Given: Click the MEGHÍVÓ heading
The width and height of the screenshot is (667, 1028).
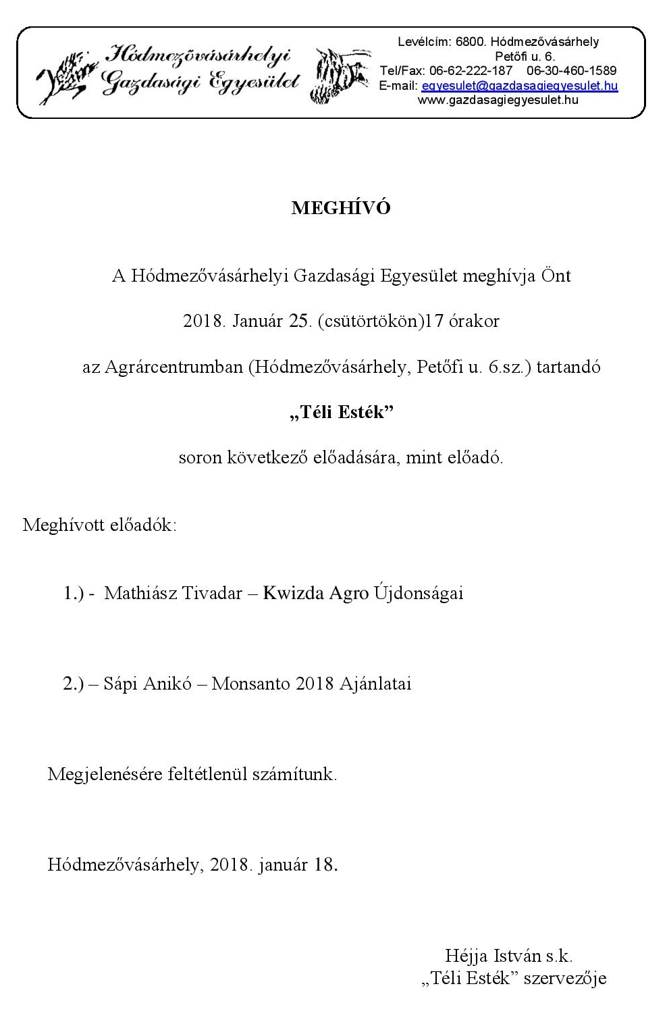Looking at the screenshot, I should [340, 208].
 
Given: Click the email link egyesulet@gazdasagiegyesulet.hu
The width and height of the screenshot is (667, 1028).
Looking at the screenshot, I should [519, 86].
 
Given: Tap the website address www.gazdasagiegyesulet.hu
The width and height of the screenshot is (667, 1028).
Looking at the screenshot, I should [498, 100].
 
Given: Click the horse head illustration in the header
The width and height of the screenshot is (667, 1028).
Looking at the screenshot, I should [341, 74].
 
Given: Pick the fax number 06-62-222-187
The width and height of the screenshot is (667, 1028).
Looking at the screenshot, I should [470, 71].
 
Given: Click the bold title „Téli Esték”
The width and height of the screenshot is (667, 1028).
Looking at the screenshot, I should [341, 412].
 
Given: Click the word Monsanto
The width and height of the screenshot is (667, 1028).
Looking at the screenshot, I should [251, 684].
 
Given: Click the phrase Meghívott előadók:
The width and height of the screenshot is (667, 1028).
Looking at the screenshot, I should [100, 525].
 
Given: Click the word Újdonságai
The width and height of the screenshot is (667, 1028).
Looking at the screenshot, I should [418, 593].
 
